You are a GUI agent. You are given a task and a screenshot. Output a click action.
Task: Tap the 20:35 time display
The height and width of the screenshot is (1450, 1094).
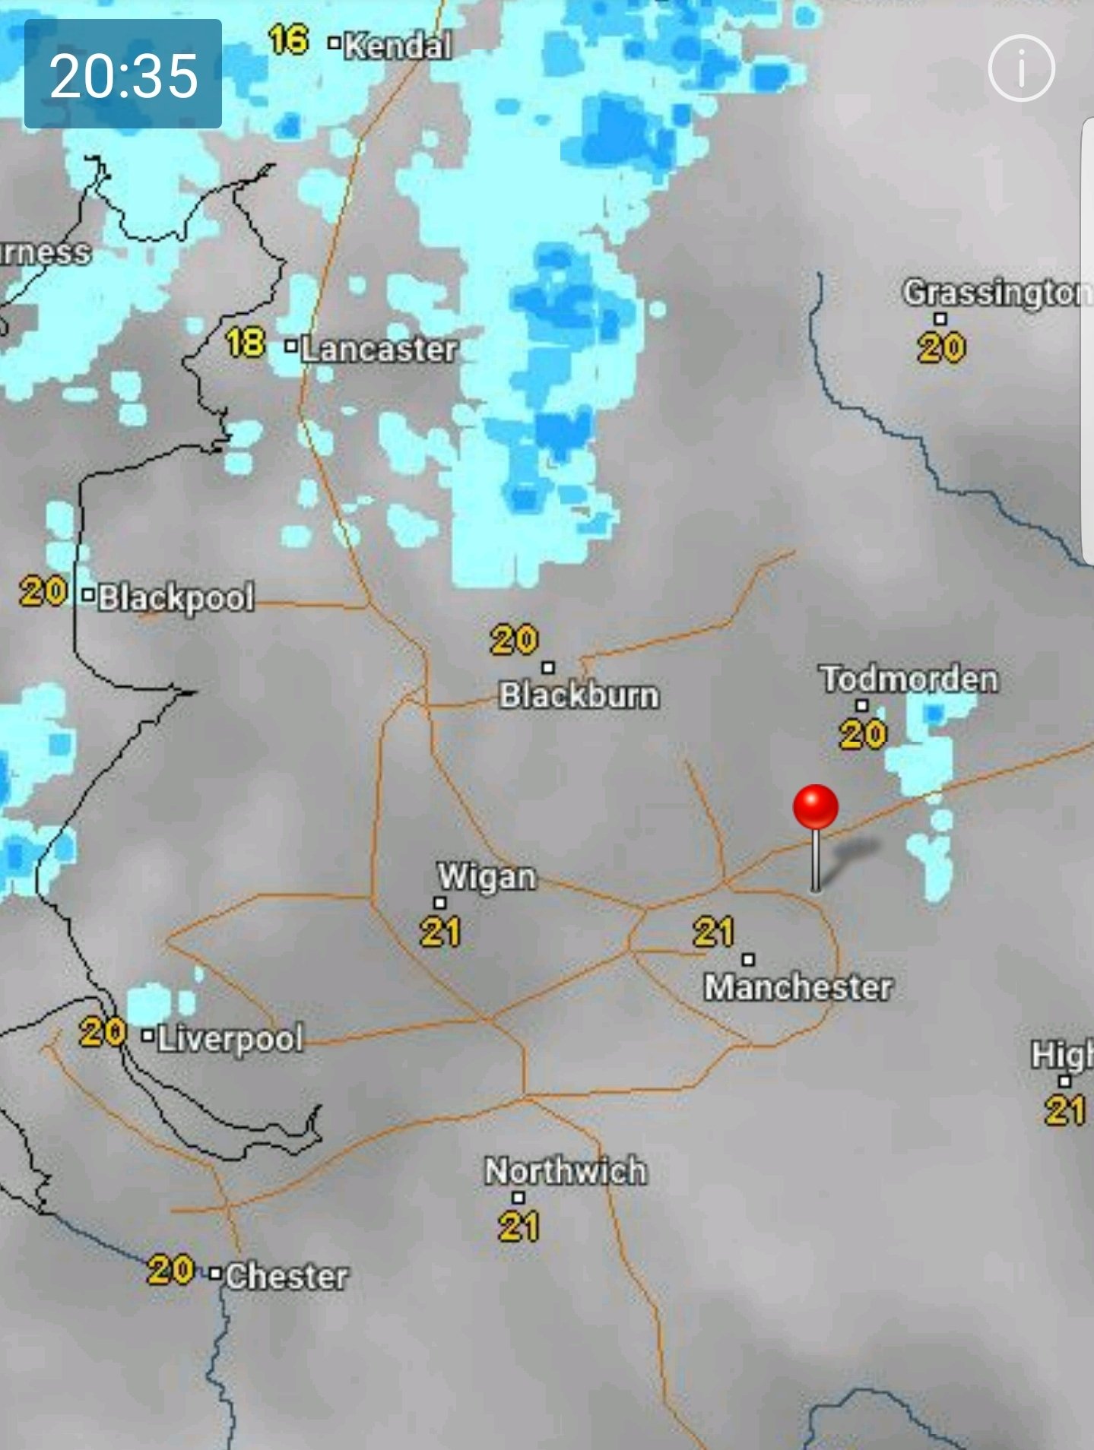(x=123, y=74)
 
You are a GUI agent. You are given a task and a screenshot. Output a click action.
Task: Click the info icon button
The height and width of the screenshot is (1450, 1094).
(x=1021, y=68)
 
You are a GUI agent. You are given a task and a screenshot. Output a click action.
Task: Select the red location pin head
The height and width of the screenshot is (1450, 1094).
(x=815, y=807)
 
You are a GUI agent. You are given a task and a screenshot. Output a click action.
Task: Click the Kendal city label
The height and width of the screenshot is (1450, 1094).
(x=398, y=46)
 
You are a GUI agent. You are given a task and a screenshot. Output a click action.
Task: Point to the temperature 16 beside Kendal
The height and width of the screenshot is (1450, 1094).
(x=288, y=40)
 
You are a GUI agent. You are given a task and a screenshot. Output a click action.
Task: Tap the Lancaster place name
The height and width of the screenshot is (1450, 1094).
(x=379, y=349)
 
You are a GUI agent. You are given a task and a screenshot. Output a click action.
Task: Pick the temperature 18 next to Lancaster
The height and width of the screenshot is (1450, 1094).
(x=246, y=344)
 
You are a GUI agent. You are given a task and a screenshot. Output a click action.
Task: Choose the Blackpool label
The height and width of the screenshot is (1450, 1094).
(x=176, y=597)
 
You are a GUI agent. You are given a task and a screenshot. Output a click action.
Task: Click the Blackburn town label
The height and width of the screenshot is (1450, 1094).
(x=579, y=695)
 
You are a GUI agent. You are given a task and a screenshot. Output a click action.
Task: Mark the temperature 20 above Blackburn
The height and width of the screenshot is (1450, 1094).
(x=514, y=640)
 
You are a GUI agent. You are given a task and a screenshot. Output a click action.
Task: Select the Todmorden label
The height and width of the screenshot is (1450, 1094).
(x=908, y=679)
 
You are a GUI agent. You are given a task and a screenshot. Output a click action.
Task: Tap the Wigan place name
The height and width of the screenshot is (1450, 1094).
(x=487, y=876)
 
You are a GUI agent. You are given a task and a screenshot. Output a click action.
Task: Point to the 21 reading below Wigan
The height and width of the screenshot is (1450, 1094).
(x=440, y=932)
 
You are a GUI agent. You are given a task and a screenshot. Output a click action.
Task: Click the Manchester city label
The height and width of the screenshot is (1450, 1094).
(x=798, y=987)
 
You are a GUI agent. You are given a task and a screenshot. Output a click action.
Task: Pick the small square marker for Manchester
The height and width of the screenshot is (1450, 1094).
(x=748, y=959)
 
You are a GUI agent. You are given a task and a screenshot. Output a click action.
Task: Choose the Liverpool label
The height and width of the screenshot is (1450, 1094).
(x=230, y=1038)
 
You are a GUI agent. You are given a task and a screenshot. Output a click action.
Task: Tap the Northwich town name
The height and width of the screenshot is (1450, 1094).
(x=566, y=1171)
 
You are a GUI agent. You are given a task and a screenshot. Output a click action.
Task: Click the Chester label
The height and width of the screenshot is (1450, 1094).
(x=287, y=1276)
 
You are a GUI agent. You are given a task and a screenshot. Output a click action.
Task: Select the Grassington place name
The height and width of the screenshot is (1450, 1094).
(x=996, y=293)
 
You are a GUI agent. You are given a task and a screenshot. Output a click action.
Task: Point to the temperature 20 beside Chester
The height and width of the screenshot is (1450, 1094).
(x=170, y=1270)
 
